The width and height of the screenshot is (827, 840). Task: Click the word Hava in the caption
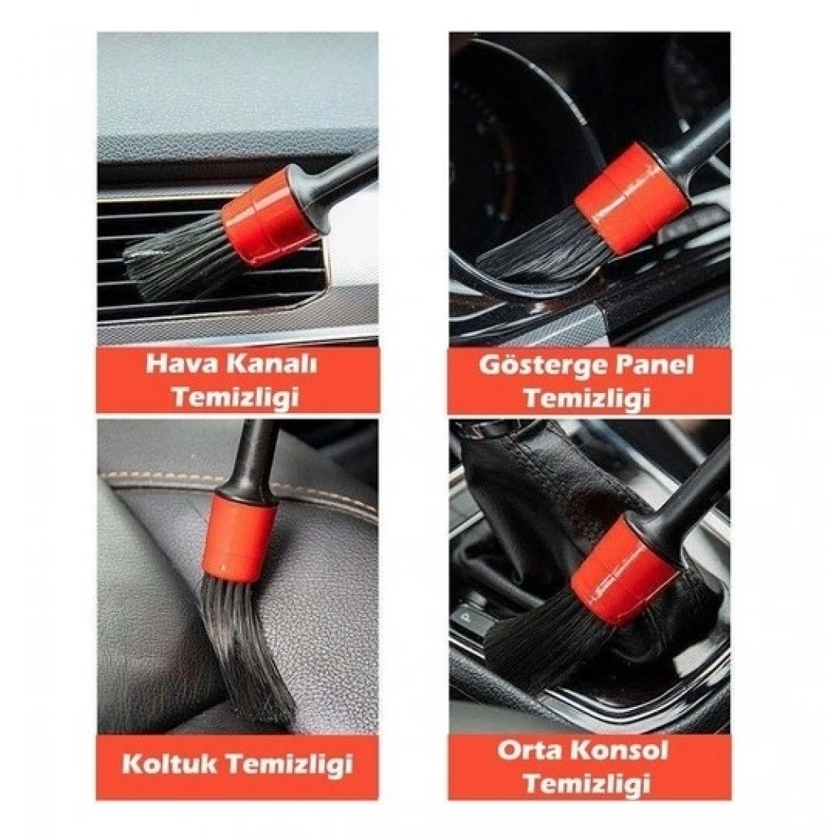point(179,364)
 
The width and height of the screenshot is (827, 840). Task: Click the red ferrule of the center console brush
point(625,571)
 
